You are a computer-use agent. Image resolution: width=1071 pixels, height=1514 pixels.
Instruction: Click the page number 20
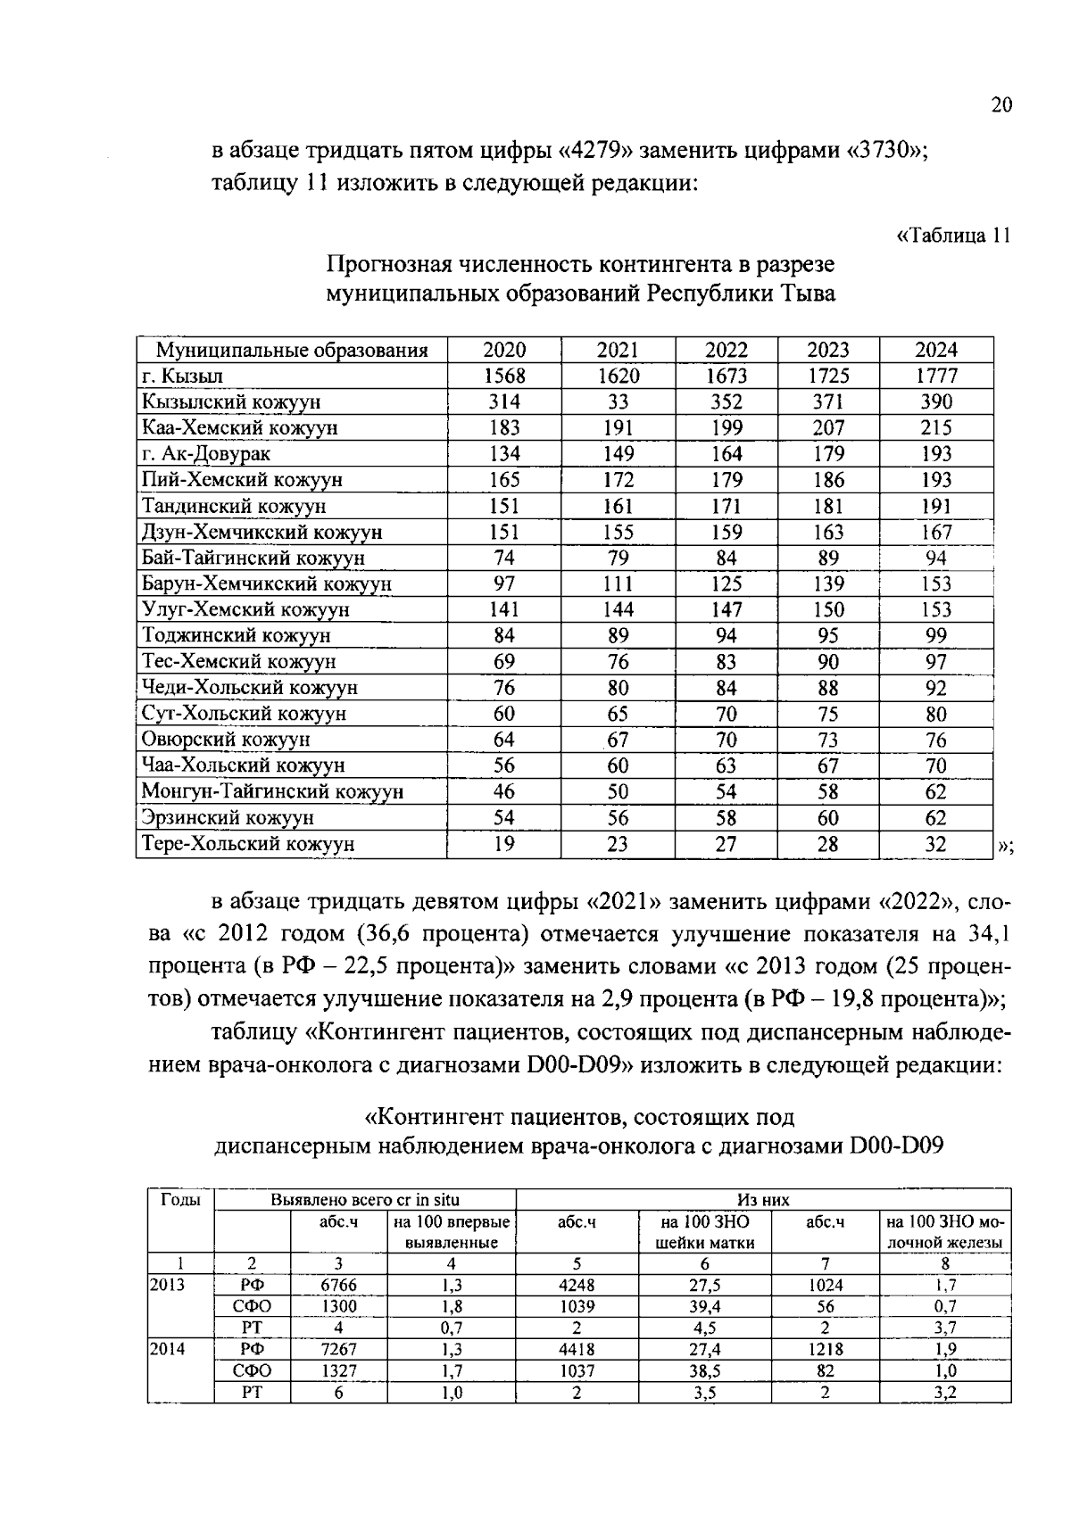coord(1001,105)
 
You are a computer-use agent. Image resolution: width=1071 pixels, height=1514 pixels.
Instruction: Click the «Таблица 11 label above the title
coord(953,236)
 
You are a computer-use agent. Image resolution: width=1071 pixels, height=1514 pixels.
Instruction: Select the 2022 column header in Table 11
coord(726,351)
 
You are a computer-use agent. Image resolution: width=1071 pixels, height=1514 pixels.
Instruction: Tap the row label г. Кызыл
coord(183,376)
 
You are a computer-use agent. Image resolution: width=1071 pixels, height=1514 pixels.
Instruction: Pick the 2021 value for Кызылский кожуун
coord(618,402)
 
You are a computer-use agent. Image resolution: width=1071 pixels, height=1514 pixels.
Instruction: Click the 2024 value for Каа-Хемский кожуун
coord(935,428)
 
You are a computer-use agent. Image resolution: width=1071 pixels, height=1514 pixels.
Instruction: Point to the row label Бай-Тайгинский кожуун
coord(253,558)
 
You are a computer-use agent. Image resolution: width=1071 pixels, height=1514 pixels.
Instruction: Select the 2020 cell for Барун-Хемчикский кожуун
coord(504,584)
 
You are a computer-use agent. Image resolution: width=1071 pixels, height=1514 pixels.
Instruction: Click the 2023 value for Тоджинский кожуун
coord(828,636)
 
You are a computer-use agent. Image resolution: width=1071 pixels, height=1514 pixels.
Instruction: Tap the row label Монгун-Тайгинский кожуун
coord(272,791)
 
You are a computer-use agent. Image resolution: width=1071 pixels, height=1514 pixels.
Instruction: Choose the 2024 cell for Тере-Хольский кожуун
coord(935,844)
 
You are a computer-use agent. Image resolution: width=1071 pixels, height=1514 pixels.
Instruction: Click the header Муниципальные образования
coord(292,351)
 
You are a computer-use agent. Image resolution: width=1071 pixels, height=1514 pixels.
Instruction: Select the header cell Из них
coord(763,1200)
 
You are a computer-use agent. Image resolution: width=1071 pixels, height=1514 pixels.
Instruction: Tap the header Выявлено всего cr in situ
coord(365,1200)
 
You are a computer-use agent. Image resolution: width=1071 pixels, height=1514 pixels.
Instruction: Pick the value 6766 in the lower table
coord(339,1286)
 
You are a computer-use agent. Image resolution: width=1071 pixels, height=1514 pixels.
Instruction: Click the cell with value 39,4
coord(704,1307)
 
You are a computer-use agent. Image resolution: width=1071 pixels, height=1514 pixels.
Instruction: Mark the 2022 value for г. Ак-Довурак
coord(726,454)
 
